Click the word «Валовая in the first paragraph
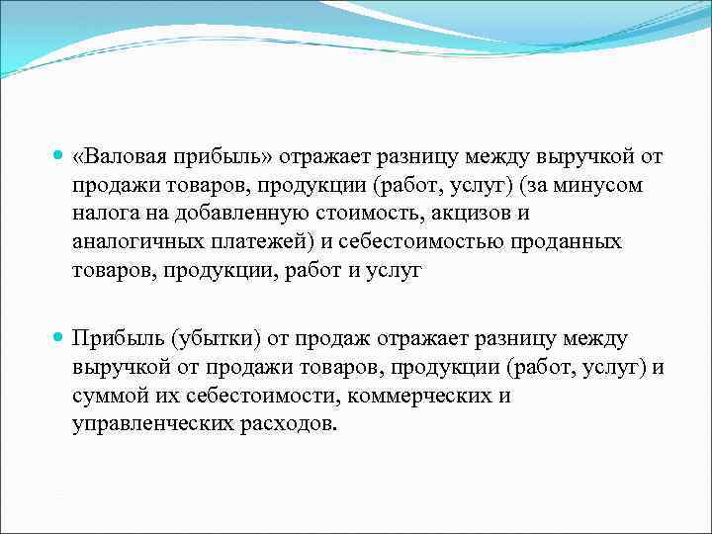click(x=119, y=157)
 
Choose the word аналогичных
click(x=134, y=242)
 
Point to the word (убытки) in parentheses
click(x=217, y=339)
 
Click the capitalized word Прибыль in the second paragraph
click(x=117, y=339)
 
